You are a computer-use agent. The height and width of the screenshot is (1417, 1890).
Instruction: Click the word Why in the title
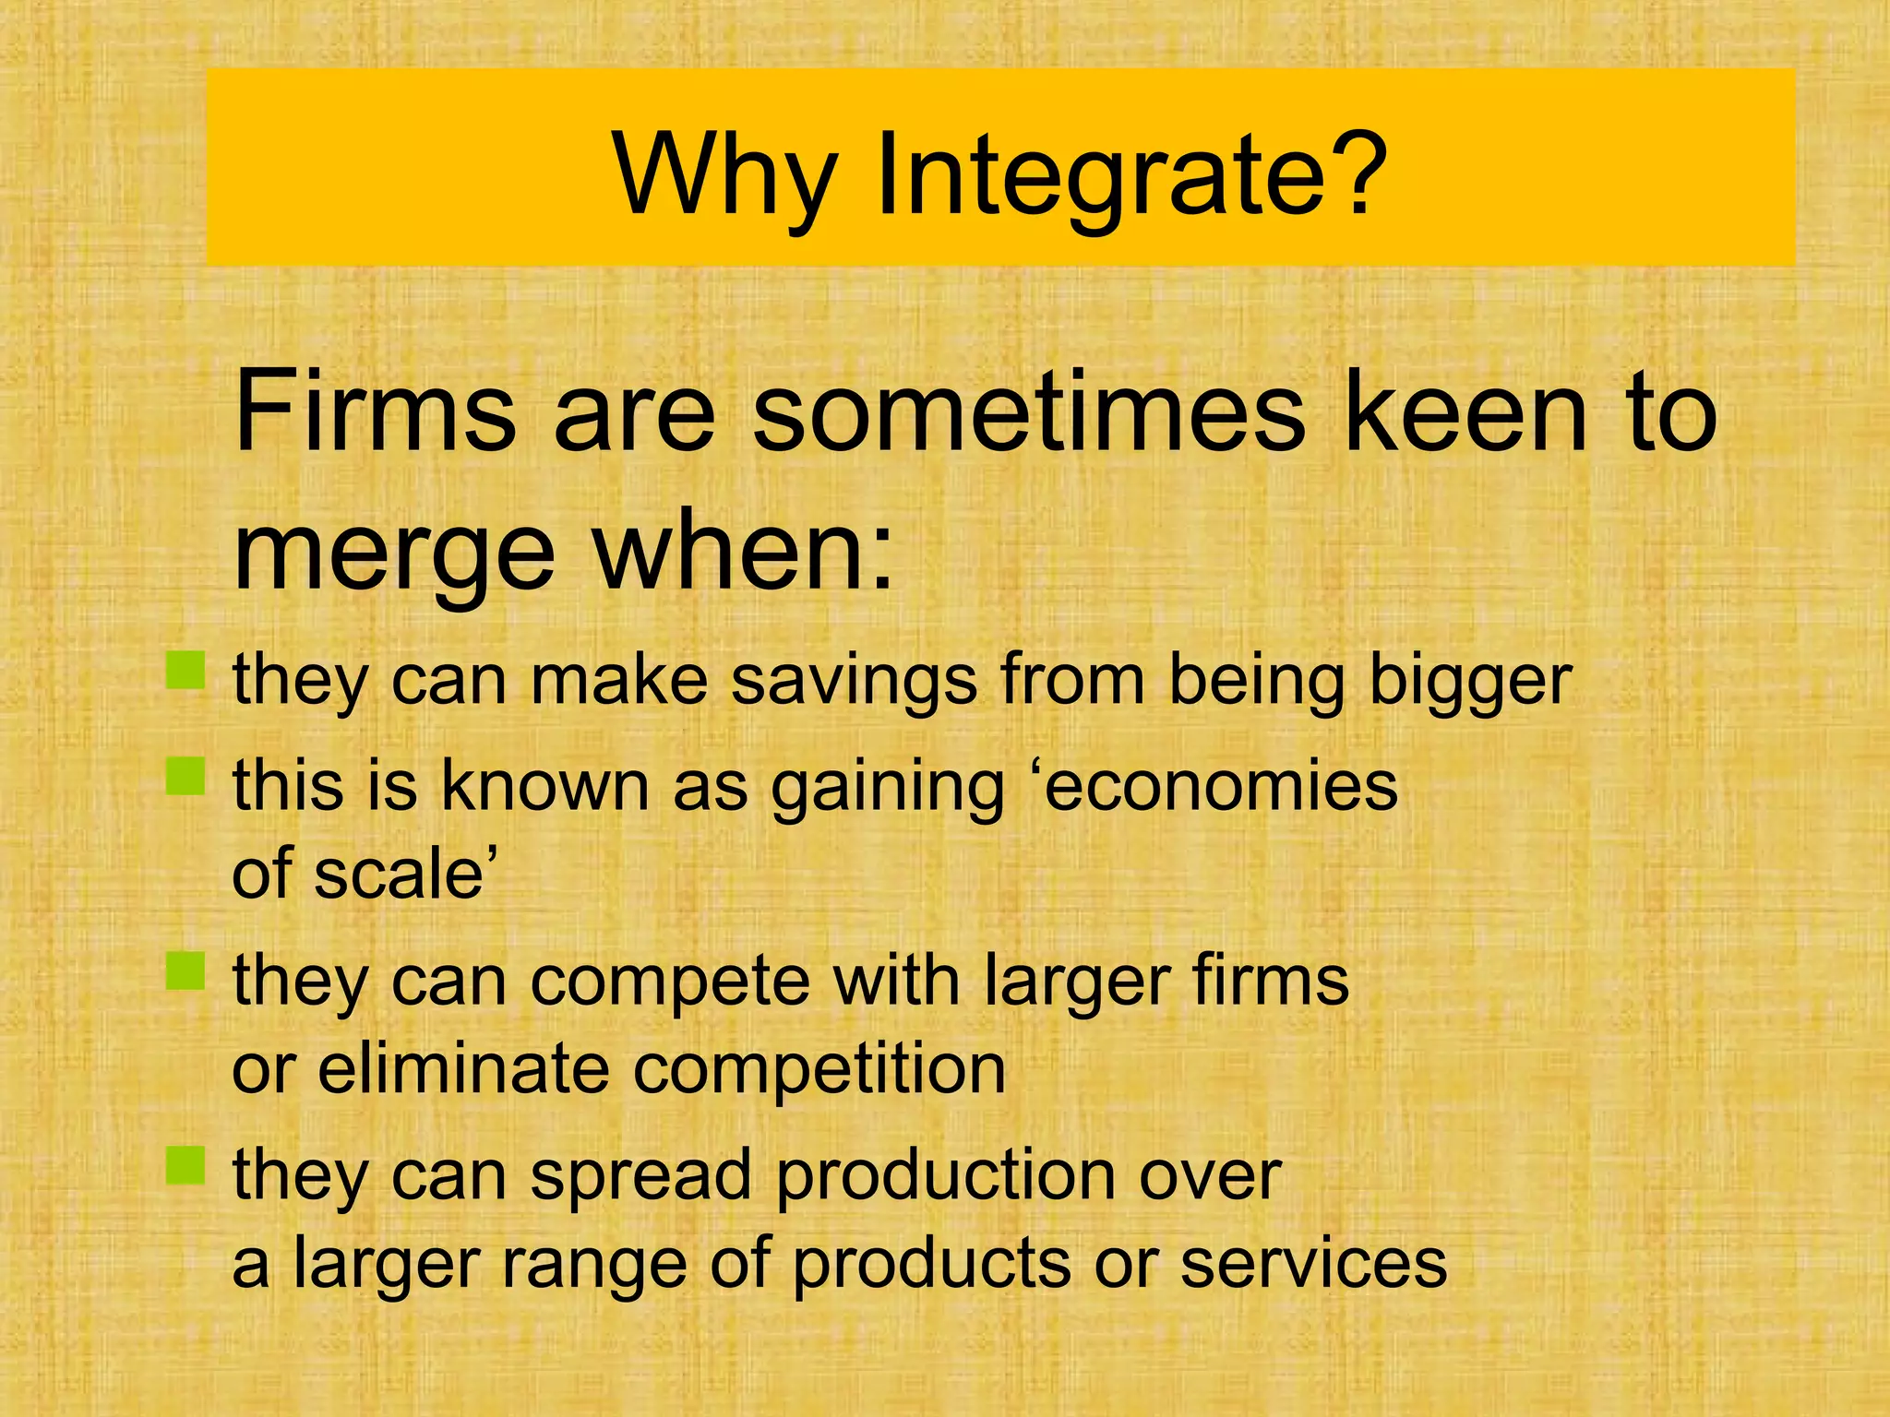[x=725, y=175]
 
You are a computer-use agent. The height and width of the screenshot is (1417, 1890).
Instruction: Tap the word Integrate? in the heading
[x=1130, y=175]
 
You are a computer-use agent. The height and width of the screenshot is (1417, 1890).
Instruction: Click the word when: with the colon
[x=744, y=554]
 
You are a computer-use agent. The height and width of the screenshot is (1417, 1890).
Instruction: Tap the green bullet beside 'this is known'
[x=185, y=776]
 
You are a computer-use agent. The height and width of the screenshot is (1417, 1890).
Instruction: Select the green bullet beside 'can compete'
[x=185, y=970]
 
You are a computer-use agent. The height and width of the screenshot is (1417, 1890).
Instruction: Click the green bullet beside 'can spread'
[x=185, y=1165]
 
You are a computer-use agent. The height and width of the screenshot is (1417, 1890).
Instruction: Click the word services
[x=1314, y=1263]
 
